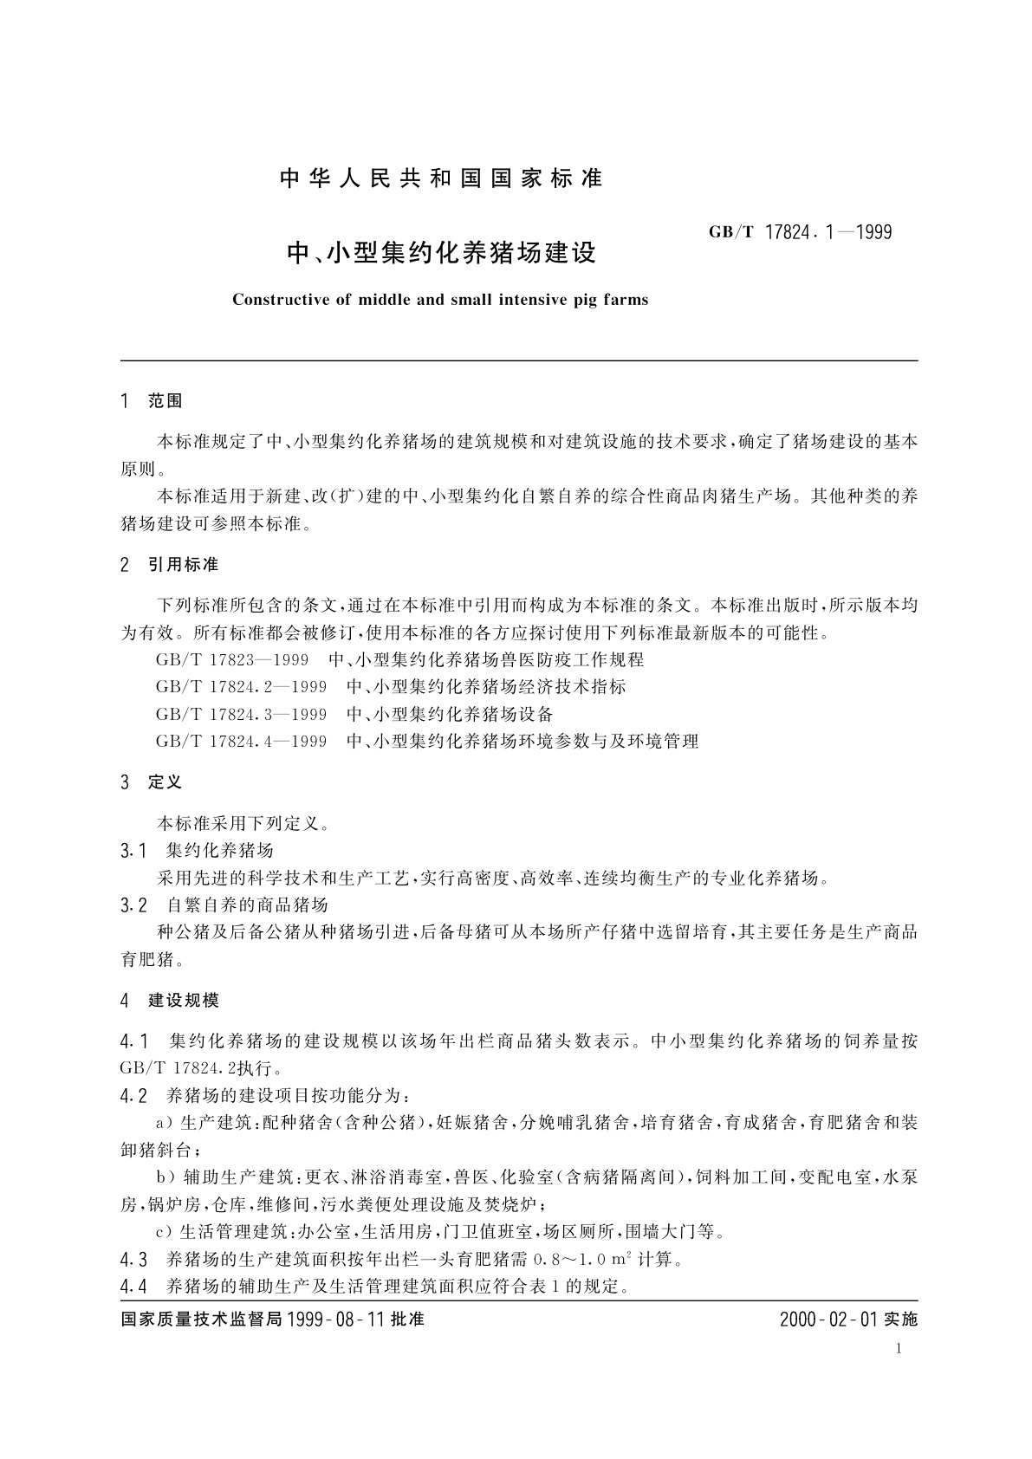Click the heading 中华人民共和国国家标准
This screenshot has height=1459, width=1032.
tap(441, 179)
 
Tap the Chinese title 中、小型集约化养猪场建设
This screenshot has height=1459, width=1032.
tap(442, 254)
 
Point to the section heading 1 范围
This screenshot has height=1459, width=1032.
tap(152, 401)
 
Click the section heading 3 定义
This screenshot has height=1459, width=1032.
tap(152, 782)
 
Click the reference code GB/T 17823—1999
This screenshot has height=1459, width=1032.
tap(232, 660)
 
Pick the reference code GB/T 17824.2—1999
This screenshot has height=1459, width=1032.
tap(242, 687)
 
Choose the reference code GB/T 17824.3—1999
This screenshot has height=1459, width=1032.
tap(242, 714)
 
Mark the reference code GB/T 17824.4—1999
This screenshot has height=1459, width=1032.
tap(242, 742)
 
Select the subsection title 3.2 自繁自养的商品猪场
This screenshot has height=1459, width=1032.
tap(224, 905)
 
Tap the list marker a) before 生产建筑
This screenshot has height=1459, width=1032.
tap(165, 1124)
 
